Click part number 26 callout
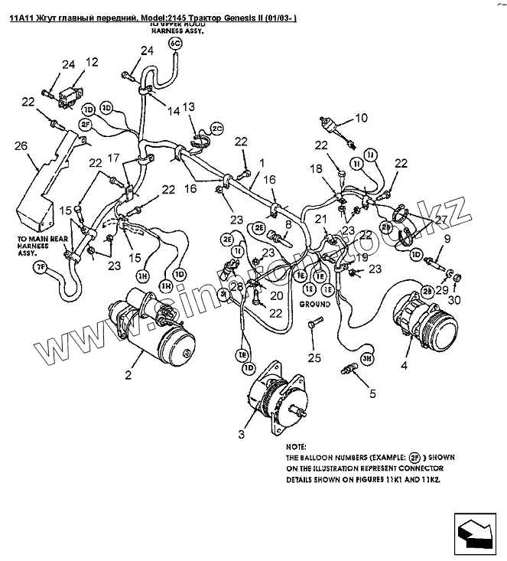[x=21, y=145]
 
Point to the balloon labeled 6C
[x=174, y=44]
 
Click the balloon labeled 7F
[x=41, y=266]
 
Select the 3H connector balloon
[x=367, y=357]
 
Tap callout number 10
[x=361, y=118]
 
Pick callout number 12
[x=92, y=63]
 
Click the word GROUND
[x=314, y=304]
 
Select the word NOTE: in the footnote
[x=296, y=445]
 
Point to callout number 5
[x=372, y=394]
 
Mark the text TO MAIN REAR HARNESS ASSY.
[x=43, y=247]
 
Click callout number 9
[x=447, y=238]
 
